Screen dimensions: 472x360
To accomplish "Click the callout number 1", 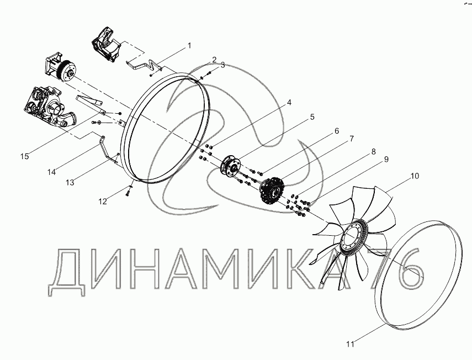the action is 189,46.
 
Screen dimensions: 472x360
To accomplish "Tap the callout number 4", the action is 289,103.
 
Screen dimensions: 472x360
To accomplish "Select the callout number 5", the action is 312,117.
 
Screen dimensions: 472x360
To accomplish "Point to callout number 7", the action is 351,139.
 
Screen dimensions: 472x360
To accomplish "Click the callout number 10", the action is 415,176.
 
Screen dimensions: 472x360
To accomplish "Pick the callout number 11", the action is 350,344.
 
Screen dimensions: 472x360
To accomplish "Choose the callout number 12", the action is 103,202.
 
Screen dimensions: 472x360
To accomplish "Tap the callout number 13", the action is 70,182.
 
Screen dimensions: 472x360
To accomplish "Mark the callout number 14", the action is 51,172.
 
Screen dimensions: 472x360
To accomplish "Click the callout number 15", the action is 25,156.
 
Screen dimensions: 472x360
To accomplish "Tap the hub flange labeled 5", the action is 231,166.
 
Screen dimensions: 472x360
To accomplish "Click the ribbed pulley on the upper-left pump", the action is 67,71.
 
